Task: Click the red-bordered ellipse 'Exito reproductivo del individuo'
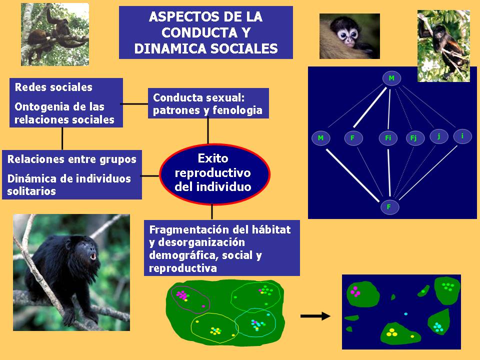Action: tap(214, 173)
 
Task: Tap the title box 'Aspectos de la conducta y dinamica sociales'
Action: tap(205, 32)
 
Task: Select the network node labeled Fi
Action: tap(388, 138)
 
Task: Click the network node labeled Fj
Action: tap(415, 138)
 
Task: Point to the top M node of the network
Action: tap(391, 78)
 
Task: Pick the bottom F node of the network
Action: tap(389, 207)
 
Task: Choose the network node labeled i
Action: tap(462, 136)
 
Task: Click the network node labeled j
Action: tap(439, 136)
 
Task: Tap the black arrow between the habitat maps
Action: tap(315, 316)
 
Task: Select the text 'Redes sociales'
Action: tap(53, 87)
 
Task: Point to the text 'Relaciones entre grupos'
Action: tap(71, 159)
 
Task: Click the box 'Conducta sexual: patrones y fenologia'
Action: tap(208, 103)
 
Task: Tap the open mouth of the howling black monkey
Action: tap(92, 256)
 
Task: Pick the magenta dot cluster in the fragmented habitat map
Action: tap(355, 291)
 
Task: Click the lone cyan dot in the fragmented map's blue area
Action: tap(406, 314)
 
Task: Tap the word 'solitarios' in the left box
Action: tap(31, 191)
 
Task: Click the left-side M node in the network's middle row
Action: tap(321, 138)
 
